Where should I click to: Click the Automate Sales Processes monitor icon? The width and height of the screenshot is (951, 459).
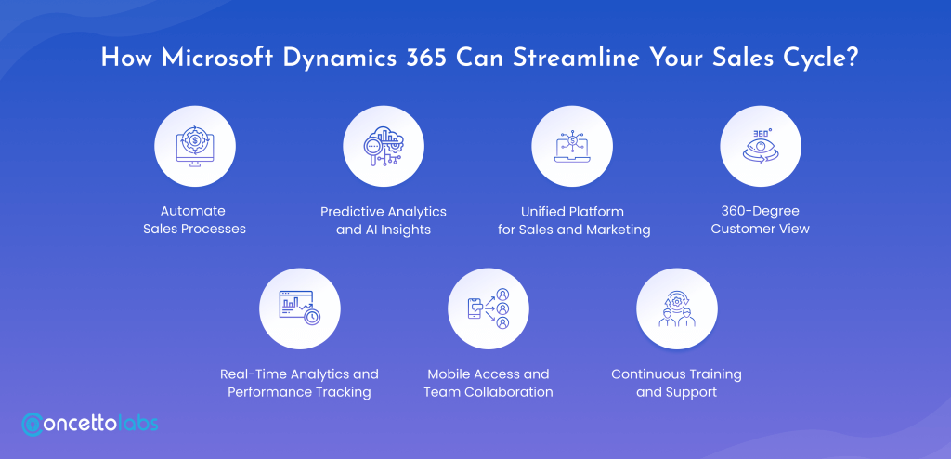pyautogui.click(x=195, y=146)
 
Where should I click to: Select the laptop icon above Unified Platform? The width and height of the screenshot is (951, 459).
pyautogui.click(x=572, y=146)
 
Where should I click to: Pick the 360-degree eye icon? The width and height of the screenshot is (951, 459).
pyautogui.click(x=761, y=146)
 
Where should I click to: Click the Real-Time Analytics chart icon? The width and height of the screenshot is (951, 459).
pyautogui.click(x=300, y=308)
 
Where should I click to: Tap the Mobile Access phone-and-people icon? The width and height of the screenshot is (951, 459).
pyautogui.click(x=489, y=308)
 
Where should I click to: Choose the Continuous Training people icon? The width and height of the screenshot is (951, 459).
pyautogui.click(x=677, y=308)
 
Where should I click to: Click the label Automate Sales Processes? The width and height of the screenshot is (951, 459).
pyautogui.click(x=194, y=220)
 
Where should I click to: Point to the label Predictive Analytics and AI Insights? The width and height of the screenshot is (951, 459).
pyautogui.click(x=384, y=220)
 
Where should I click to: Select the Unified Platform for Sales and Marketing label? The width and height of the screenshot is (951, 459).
pyautogui.click(x=574, y=220)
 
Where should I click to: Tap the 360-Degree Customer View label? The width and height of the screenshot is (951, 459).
pyautogui.click(x=761, y=220)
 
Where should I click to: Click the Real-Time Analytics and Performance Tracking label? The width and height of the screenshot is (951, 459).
pyautogui.click(x=299, y=383)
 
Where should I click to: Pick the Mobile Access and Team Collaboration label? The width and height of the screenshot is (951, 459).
pyautogui.click(x=489, y=383)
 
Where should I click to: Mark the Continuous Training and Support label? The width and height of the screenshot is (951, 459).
pyautogui.click(x=676, y=383)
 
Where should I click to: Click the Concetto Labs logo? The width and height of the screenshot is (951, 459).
pyautogui.click(x=90, y=423)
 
